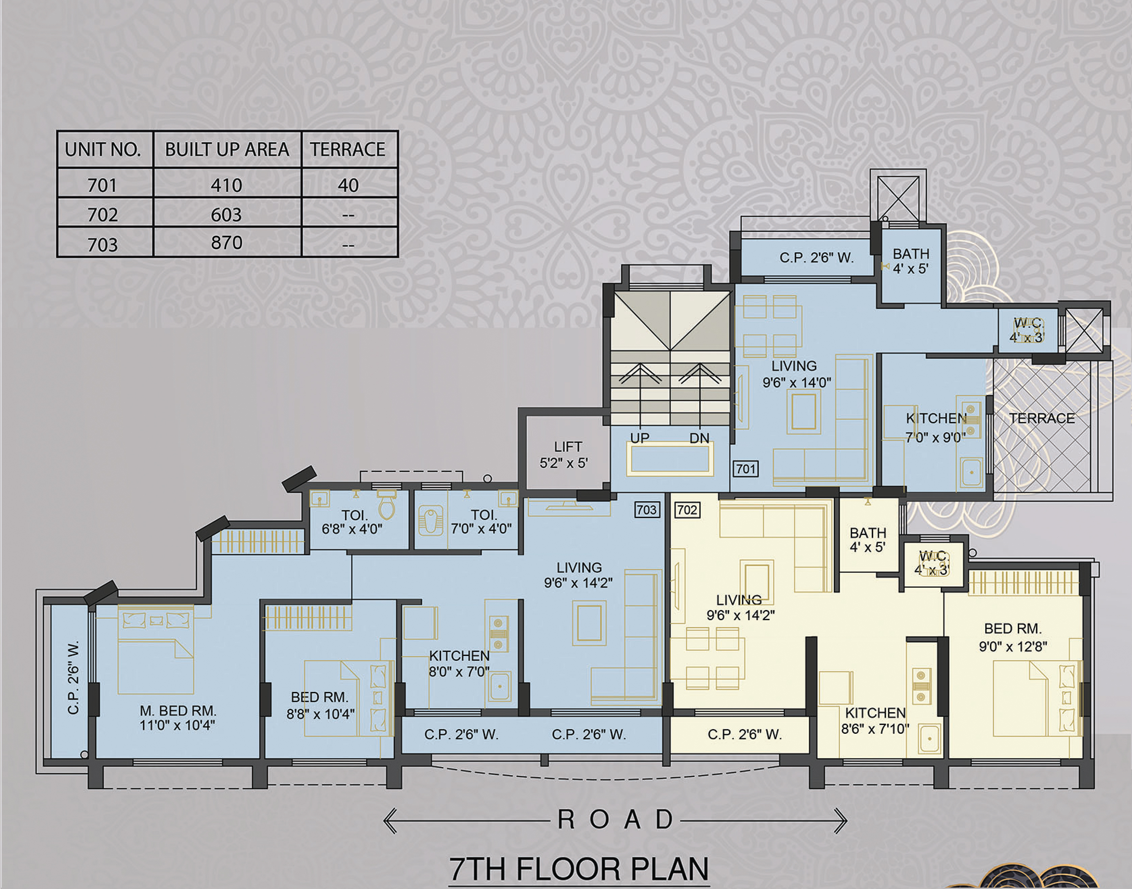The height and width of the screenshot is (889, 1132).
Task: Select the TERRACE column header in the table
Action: (x=348, y=150)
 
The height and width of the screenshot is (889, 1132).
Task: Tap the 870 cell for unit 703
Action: (x=226, y=242)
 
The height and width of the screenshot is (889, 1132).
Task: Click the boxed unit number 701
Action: (x=745, y=469)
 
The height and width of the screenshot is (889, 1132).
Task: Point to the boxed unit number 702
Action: (x=687, y=510)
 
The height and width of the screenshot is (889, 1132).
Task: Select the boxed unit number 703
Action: (x=647, y=510)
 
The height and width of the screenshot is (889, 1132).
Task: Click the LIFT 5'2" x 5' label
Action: (x=565, y=455)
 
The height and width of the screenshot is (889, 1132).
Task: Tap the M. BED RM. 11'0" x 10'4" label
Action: (x=177, y=718)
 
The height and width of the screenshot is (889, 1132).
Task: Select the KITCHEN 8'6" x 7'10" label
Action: (x=875, y=720)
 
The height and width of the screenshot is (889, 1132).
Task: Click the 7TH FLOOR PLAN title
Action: (x=578, y=869)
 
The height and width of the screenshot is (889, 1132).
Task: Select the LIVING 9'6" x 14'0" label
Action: (x=796, y=374)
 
